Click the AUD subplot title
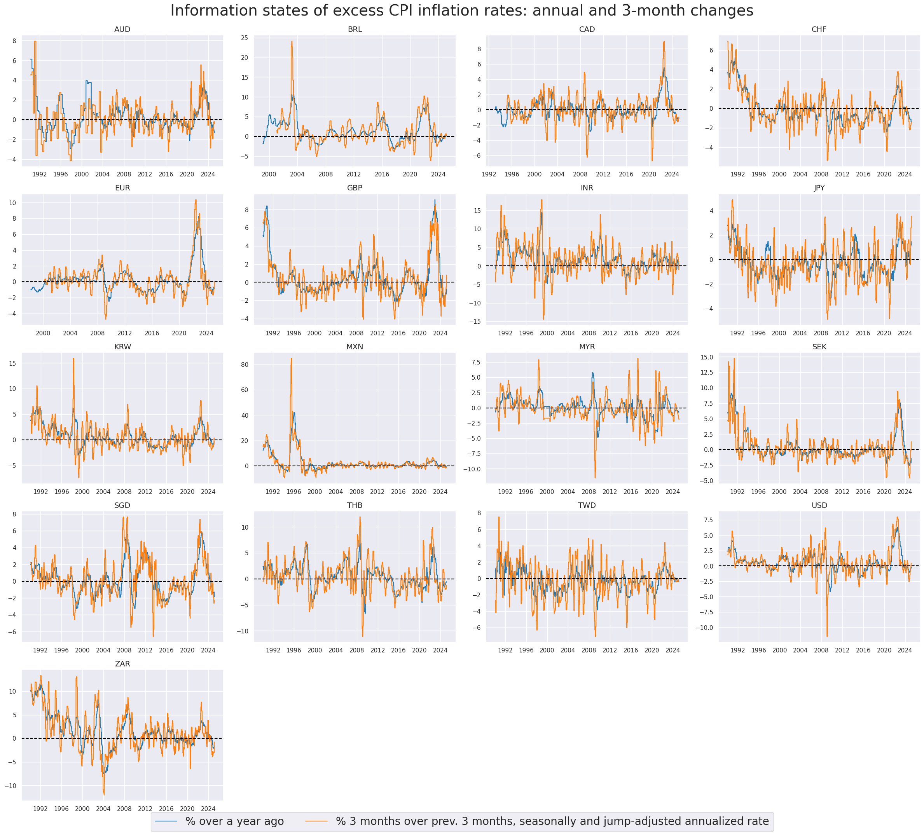click(122, 29)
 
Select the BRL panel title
click(355, 29)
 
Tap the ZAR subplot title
click(122, 664)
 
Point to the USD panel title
click(819, 505)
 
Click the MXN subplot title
click(355, 347)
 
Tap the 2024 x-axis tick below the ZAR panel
click(208, 809)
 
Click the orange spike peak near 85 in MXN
click(291, 358)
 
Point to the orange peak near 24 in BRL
click(292, 41)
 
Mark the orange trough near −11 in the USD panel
click(827, 636)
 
